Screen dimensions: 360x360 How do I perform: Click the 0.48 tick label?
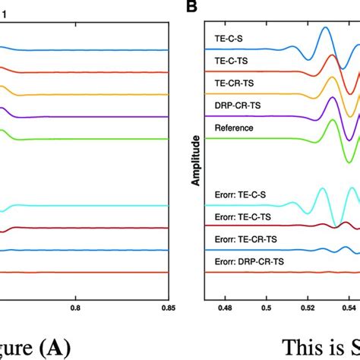[x=225, y=308]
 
